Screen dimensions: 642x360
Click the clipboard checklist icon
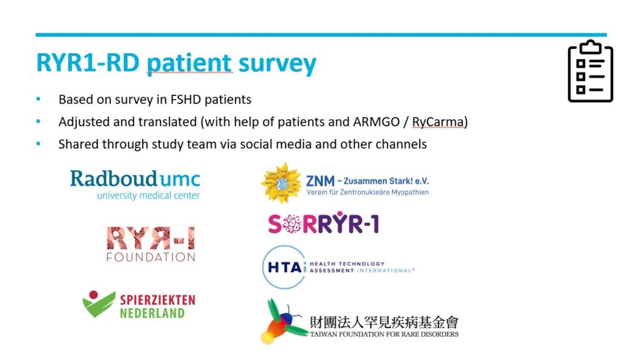[x=591, y=71]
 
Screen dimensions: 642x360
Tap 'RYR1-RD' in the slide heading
[x=88, y=63]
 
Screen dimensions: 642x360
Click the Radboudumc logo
[x=135, y=185]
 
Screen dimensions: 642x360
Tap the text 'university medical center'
[x=148, y=196]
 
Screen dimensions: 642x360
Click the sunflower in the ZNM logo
[x=281, y=183]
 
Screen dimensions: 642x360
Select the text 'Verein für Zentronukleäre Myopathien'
[x=367, y=192]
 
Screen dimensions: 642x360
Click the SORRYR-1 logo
[x=324, y=223]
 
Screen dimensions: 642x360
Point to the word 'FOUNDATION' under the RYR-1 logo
[x=150, y=257]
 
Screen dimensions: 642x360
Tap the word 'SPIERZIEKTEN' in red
[x=157, y=300]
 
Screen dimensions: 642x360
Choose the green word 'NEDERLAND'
[x=152, y=314]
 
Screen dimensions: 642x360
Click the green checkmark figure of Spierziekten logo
[x=98, y=304]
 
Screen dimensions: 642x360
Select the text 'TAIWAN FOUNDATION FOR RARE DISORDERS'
[x=384, y=334]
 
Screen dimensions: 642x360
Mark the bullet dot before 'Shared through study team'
[x=38, y=144]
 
